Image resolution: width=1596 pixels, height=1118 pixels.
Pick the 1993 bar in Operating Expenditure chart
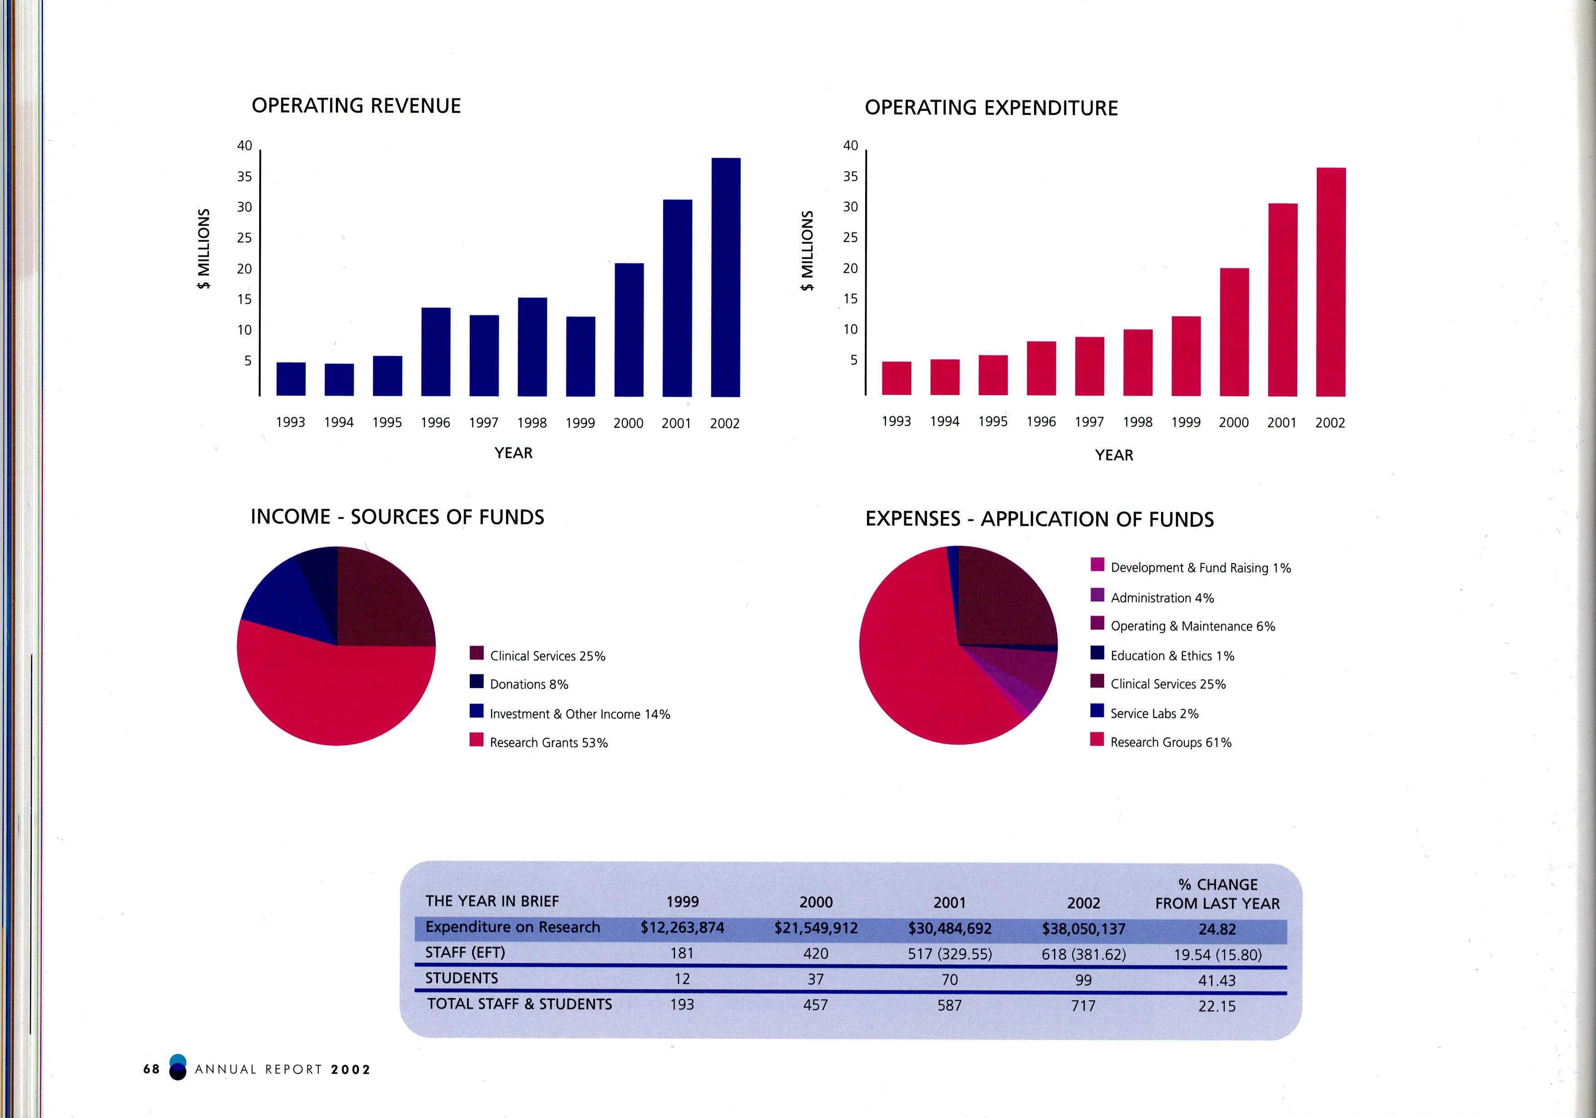896,378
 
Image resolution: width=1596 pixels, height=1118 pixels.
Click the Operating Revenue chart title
356,106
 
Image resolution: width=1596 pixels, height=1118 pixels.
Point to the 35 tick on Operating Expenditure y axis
850,177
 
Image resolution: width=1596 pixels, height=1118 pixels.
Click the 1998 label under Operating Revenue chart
532,423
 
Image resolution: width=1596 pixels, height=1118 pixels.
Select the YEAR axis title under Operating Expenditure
1113,455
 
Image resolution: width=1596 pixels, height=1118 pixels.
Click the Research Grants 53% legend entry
548,742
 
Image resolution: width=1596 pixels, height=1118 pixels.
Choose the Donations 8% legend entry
528,684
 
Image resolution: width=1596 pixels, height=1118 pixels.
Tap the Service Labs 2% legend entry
1154,713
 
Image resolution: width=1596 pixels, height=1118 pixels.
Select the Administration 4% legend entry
1162,598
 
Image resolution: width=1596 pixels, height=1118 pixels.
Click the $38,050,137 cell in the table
1083,929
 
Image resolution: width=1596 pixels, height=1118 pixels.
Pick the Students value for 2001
950,979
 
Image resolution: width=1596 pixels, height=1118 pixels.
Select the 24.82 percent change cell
1217,930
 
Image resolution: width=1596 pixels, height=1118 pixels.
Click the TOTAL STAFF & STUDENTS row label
519,1004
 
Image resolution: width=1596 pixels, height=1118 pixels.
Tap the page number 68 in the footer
152,1069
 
